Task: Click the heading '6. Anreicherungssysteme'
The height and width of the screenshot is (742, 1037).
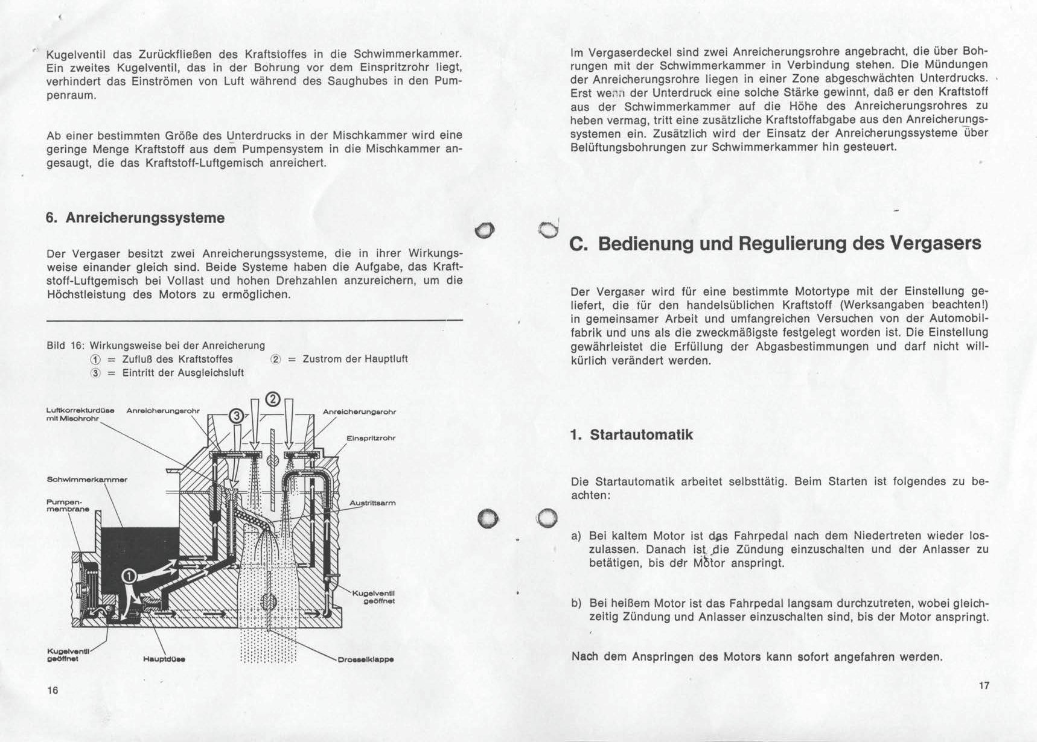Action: (x=135, y=218)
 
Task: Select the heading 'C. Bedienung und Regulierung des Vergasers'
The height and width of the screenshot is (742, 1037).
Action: (x=775, y=244)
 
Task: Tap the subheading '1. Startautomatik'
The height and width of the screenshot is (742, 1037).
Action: (x=631, y=435)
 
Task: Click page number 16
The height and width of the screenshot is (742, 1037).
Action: (x=53, y=691)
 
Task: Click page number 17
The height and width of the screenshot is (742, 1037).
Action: (x=984, y=685)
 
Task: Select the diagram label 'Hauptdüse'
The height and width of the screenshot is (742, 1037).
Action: (x=164, y=659)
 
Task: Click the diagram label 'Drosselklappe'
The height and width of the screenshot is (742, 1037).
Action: (x=366, y=659)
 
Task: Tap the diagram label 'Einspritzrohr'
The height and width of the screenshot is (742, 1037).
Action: (x=371, y=438)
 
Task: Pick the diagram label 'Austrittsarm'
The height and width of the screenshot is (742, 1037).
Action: (x=372, y=503)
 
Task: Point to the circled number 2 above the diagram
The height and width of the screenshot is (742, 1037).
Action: (x=273, y=399)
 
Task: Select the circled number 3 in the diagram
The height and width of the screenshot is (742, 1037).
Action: (x=237, y=416)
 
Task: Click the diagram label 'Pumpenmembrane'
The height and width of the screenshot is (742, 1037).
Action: (x=68, y=506)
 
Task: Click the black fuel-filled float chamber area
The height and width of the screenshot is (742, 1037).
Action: (x=139, y=549)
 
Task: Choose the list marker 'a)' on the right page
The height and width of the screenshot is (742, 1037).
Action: (x=576, y=536)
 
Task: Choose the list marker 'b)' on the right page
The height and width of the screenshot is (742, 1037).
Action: (x=576, y=603)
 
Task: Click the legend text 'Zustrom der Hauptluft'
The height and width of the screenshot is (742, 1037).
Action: (x=355, y=359)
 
